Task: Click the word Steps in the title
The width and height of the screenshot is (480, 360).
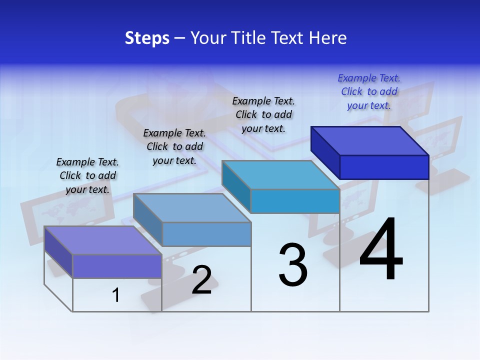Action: coord(147,38)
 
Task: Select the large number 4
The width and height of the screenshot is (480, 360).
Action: coord(381,250)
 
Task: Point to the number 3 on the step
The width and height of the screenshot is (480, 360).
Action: coord(293,265)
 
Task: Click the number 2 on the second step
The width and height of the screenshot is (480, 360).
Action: coord(201,280)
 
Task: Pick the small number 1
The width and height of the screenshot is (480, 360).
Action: coord(116,295)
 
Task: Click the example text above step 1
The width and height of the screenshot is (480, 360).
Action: coord(87,175)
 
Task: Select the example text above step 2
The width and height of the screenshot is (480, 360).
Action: coord(174,146)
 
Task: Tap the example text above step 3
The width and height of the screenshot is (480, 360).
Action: coord(263,114)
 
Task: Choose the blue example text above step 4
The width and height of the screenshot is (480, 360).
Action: coord(369,91)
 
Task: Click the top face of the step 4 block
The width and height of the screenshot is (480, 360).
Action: coord(370,140)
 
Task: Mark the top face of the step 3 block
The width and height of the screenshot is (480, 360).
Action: coord(281,175)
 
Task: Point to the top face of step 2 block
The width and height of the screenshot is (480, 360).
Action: coord(192,207)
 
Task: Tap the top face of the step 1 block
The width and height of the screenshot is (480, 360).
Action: coord(103,240)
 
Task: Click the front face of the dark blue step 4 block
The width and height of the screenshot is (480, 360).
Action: coord(384,167)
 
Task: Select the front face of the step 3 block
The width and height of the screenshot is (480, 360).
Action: coord(295,201)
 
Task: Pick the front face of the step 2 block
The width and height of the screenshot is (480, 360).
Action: coord(206,234)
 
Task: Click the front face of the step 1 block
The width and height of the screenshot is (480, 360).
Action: coord(117,266)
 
